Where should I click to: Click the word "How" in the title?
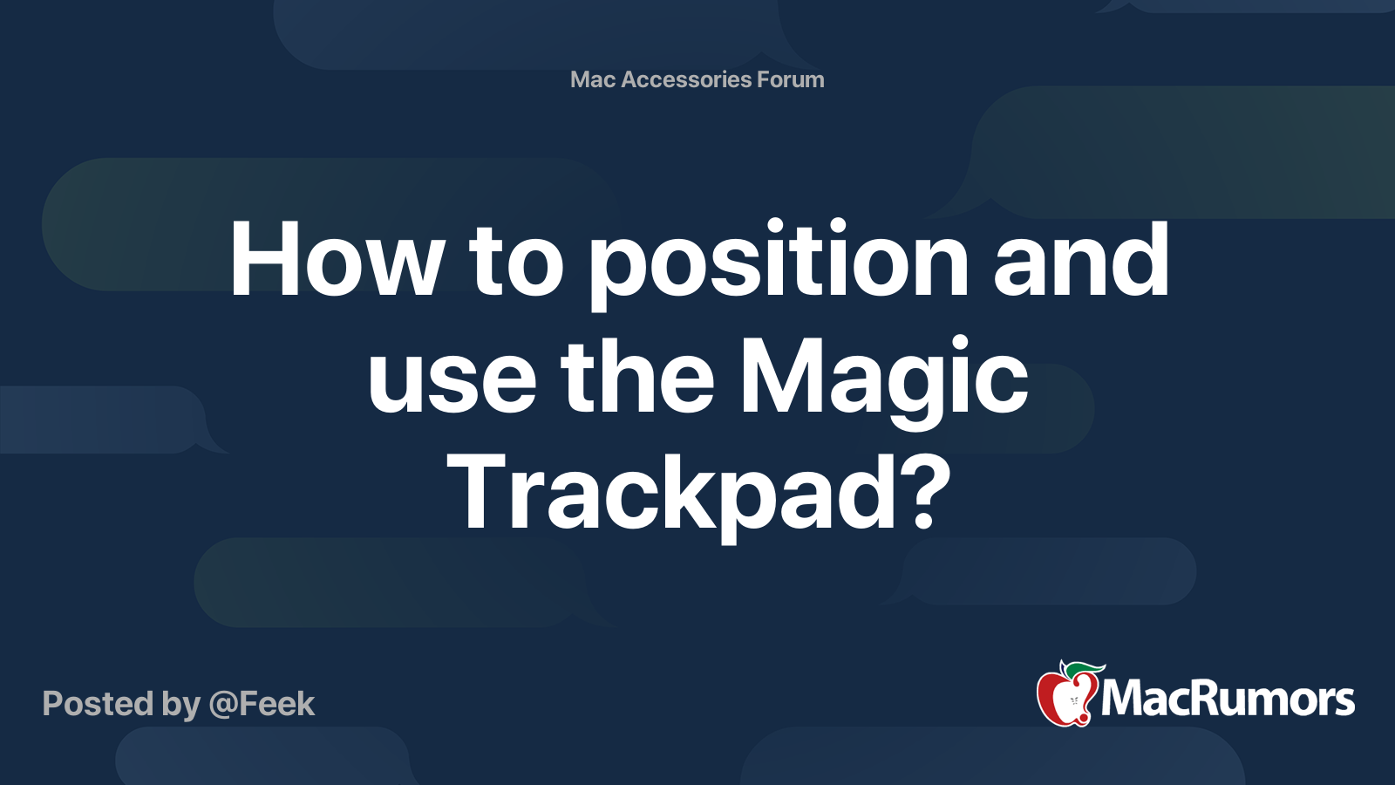pyautogui.click(x=336, y=261)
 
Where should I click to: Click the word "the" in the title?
pyautogui.click(x=638, y=377)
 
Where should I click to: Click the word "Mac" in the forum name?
pyautogui.click(x=593, y=79)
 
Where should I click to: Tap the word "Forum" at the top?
pyautogui.click(x=790, y=79)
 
